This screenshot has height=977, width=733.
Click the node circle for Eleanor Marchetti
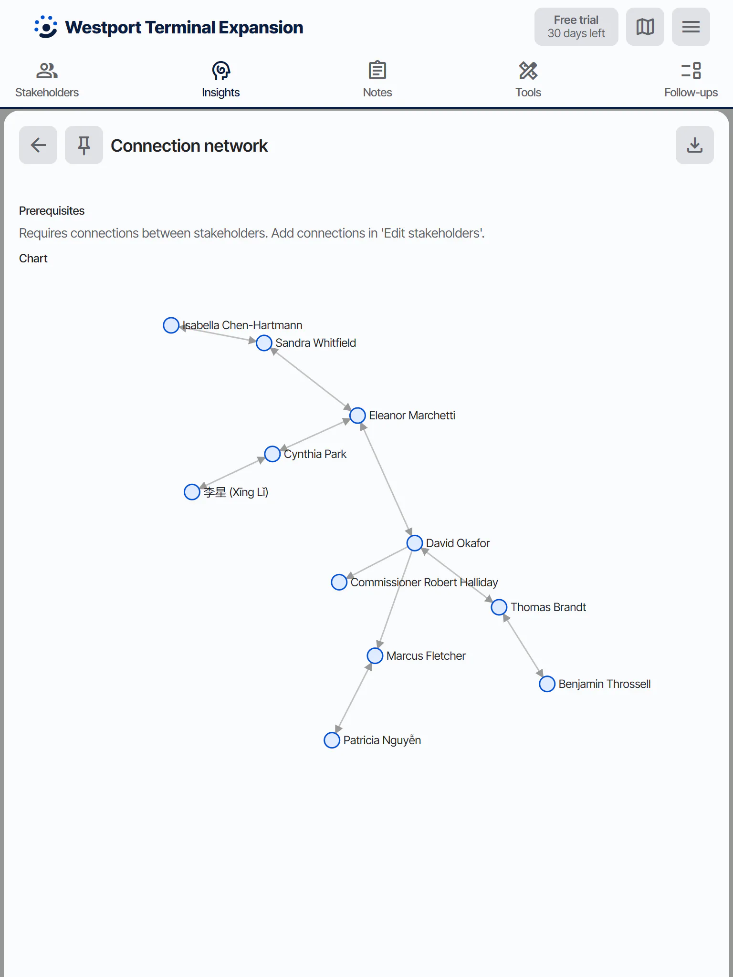(x=357, y=416)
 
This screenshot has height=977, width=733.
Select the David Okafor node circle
(x=415, y=543)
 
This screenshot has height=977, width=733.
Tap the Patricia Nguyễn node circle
(x=332, y=740)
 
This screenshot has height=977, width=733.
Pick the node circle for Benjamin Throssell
(x=547, y=684)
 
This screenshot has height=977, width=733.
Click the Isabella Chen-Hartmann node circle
(x=171, y=325)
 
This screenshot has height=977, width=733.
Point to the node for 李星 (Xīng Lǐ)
(x=192, y=492)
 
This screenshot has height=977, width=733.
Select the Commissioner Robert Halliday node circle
(x=339, y=582)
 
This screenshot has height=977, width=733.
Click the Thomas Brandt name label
(x=548, y=607)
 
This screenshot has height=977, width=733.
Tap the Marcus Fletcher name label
(x=426, y=656)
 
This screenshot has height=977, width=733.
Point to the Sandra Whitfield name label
(x=315, y=343)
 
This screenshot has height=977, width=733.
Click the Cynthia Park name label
(x=315, y=454)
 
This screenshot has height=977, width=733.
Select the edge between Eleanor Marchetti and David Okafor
(x=386, y=479)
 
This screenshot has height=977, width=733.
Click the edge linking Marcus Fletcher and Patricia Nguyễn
(x=354, y=698)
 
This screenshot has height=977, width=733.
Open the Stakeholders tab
(x=47, y=80)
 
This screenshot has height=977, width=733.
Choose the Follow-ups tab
(x=691, y=80)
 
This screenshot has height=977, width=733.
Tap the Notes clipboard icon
(x=377, y=71)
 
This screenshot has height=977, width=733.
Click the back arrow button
(x=38, y=145)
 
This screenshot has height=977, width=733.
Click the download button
(x=695, y=145)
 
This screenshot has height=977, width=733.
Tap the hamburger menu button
(x=691, y=27)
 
